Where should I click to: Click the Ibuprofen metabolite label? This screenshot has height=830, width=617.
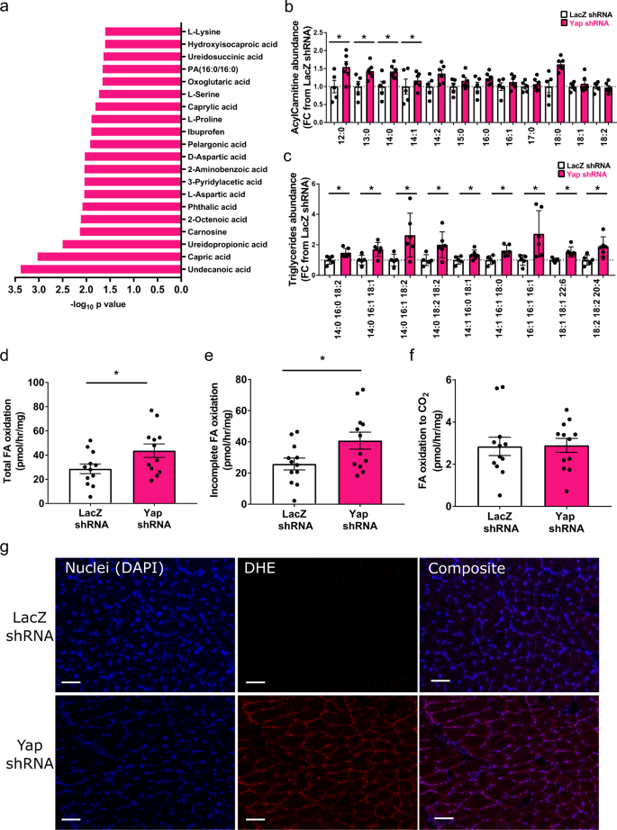(207, 131)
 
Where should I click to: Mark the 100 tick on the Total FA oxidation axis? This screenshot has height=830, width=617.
(36, 383)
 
